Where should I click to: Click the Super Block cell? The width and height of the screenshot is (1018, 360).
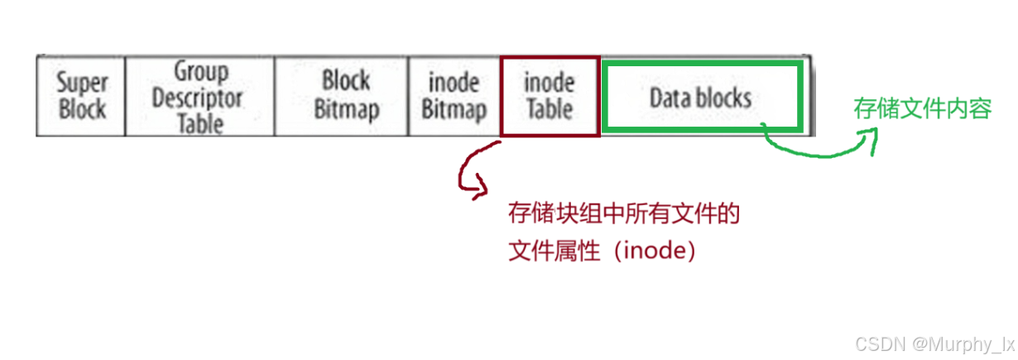82,96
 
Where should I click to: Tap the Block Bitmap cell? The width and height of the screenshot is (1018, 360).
346,95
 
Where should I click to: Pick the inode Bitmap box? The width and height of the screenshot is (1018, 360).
454,96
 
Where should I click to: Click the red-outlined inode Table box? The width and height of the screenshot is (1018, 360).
549,95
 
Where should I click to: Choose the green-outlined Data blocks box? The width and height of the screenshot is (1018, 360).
701,96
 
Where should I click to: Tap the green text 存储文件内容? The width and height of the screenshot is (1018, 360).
922,108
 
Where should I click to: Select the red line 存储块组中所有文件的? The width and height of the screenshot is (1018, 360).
622,214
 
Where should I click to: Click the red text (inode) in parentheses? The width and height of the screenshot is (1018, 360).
652,251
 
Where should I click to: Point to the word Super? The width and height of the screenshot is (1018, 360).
82,84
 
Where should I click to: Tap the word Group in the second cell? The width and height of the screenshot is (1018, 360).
199,73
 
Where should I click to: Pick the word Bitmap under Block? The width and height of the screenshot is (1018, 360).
346,108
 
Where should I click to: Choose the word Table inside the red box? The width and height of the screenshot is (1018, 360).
549,108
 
